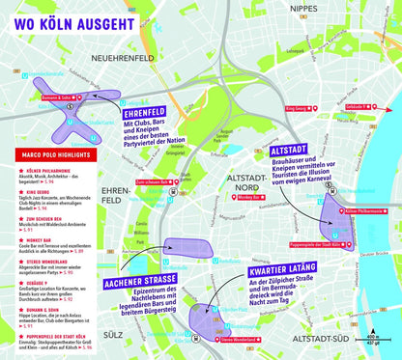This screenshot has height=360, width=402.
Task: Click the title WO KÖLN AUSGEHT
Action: point(62,16)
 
